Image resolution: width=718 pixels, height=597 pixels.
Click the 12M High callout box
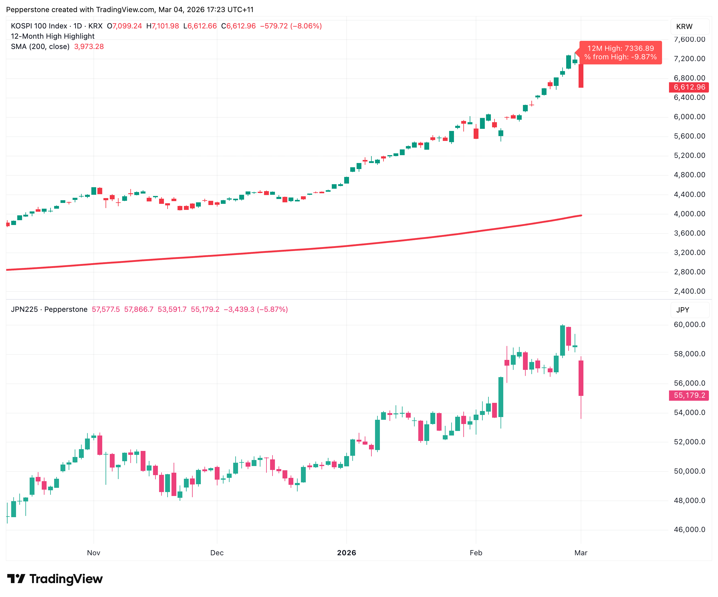(621, 53)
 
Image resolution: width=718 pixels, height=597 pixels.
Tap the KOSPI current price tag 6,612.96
(689, 87)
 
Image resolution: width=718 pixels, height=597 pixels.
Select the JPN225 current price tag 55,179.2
(689, 395)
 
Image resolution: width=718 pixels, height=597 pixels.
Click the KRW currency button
(684, 27)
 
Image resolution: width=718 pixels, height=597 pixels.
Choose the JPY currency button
(683, 310)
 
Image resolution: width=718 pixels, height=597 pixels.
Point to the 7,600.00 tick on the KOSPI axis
(689, 39)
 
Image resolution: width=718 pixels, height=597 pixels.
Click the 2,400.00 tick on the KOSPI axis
(689, 291)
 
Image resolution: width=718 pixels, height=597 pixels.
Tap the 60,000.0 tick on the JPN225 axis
(689, 325)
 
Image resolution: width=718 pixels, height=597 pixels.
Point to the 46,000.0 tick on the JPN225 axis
(689, 530)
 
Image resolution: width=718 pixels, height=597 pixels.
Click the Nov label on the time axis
(94, 553)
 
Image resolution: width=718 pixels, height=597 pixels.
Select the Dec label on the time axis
(217, 553)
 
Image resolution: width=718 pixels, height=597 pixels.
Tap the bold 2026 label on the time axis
(346, 553)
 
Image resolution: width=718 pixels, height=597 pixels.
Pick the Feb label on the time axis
(475, 553)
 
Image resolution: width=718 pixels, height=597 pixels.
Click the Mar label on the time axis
(581, 553)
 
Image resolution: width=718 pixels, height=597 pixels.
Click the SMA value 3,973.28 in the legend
(89, 47)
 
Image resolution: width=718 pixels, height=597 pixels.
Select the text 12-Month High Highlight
(53, 36)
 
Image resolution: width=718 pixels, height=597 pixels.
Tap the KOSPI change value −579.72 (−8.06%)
(291, 26)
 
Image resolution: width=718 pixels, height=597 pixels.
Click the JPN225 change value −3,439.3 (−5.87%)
(256, 309)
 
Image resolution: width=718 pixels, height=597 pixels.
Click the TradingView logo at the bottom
(55, 579)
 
